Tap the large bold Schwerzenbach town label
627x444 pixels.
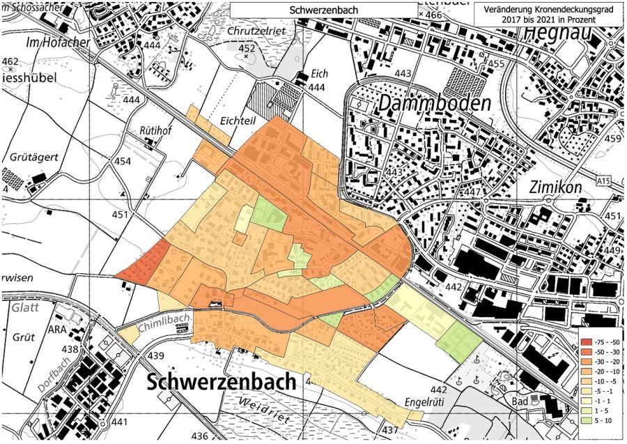click(222, 382)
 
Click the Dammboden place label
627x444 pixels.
click(435, 104)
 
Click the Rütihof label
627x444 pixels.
click(155, 131)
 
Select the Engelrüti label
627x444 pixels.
click(427, 404)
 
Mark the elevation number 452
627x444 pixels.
click(247, 48)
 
